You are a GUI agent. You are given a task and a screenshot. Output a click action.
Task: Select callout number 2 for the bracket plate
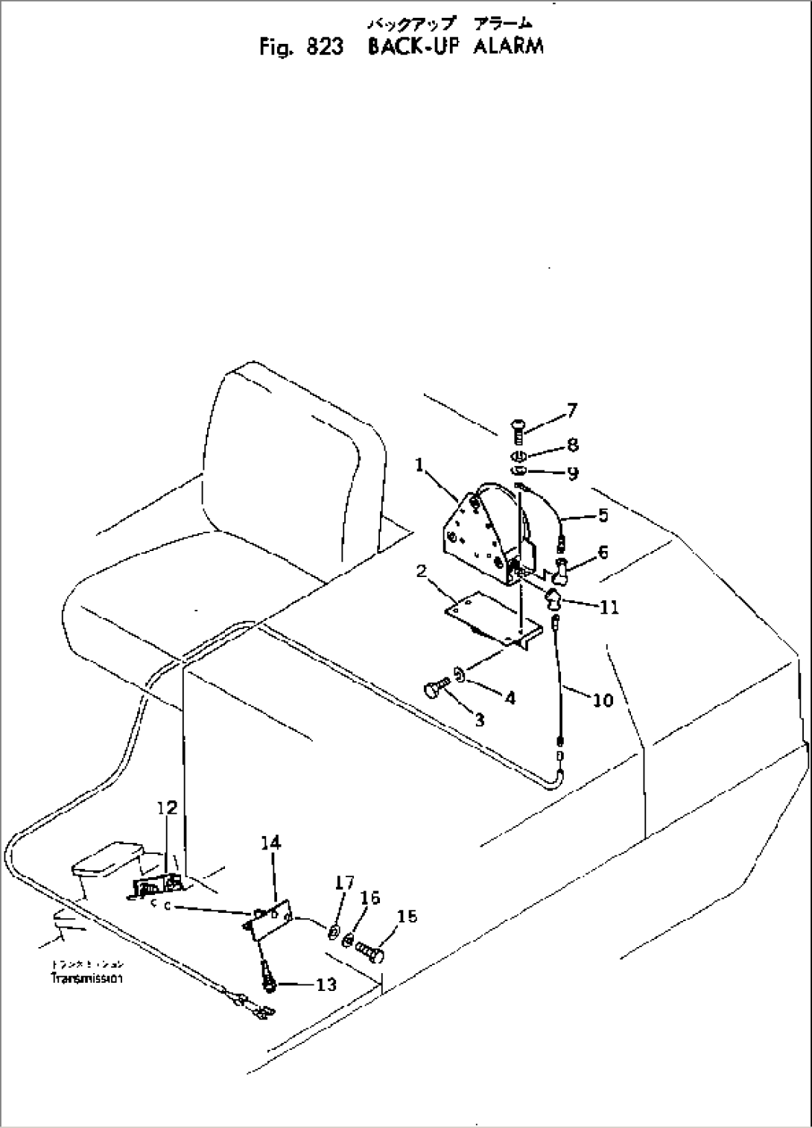(422, 572)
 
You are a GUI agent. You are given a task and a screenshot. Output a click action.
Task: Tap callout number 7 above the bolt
(571, 409)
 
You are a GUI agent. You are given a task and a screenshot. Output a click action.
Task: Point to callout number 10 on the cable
(602, 700)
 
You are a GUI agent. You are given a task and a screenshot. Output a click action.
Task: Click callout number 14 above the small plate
(271, 843)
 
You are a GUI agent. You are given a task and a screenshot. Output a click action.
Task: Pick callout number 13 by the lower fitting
(326, 985)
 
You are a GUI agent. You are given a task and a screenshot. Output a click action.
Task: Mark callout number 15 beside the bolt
(407, 917)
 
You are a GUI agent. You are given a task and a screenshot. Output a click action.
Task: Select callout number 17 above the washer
(344, 883)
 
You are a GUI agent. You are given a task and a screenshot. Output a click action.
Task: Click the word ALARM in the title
(508, 45)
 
